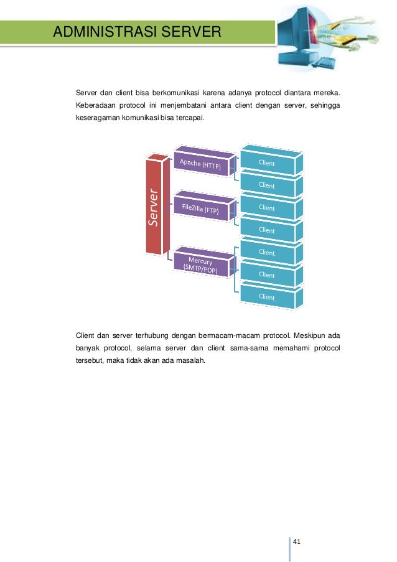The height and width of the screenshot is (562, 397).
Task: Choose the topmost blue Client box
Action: (268, 162)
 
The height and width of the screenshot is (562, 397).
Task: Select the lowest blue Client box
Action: (268, 297)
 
